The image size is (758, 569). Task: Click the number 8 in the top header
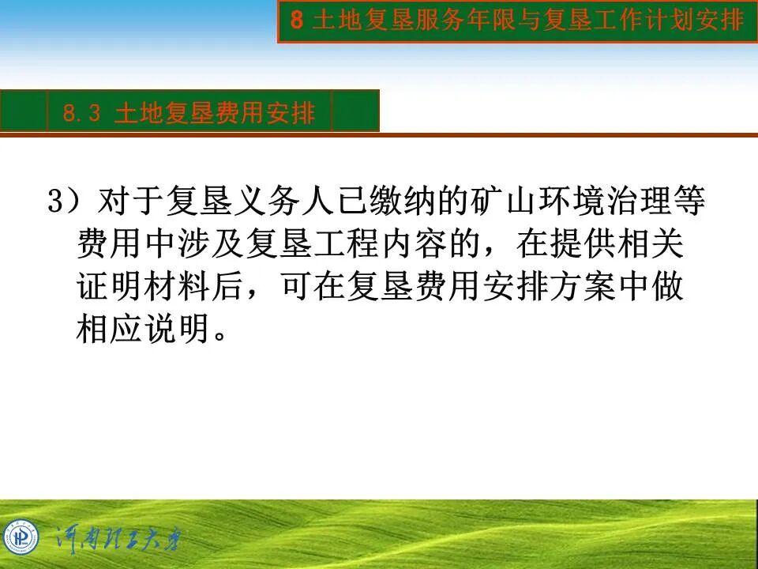coord(297,21)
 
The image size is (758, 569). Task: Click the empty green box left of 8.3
coord(24,111)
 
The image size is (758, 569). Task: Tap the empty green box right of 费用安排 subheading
coord(355,111)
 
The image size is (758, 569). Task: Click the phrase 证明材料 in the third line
coord(144,288)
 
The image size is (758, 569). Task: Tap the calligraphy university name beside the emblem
coord(118,541)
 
